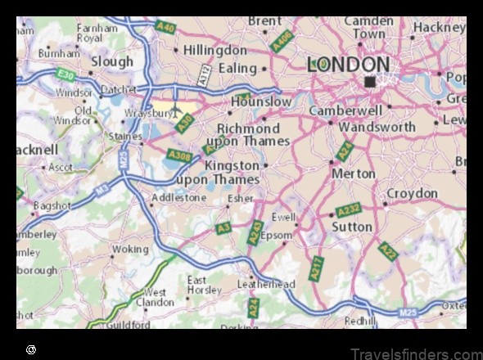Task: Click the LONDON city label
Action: (x=348, y=65)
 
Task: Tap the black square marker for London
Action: (x=370, y=81)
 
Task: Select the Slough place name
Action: (x=112, y=61)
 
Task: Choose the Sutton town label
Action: (x=353, y=227)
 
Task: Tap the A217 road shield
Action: (x=317, y=269)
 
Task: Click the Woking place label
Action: (x=130, y=249)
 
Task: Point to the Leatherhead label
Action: (x=265, y=284)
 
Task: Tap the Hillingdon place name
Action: (x=215, y=50)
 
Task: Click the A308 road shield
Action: (x=178, y=154)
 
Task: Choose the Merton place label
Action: (x=354, y=173)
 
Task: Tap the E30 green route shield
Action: (x=66, y=75)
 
